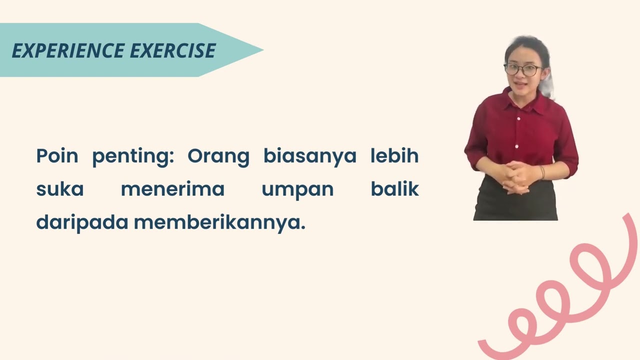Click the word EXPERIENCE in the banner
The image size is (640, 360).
[68, 50]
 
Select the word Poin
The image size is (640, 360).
[57, 156]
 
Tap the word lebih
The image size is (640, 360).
[394, 156]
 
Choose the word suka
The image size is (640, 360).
[60, 189]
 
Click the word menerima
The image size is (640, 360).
[172, 189]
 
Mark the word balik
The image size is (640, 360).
[394, 189]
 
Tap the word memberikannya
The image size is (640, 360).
[219, 223]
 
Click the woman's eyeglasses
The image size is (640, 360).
[523, 69]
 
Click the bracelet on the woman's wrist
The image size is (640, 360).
[542, 172]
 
